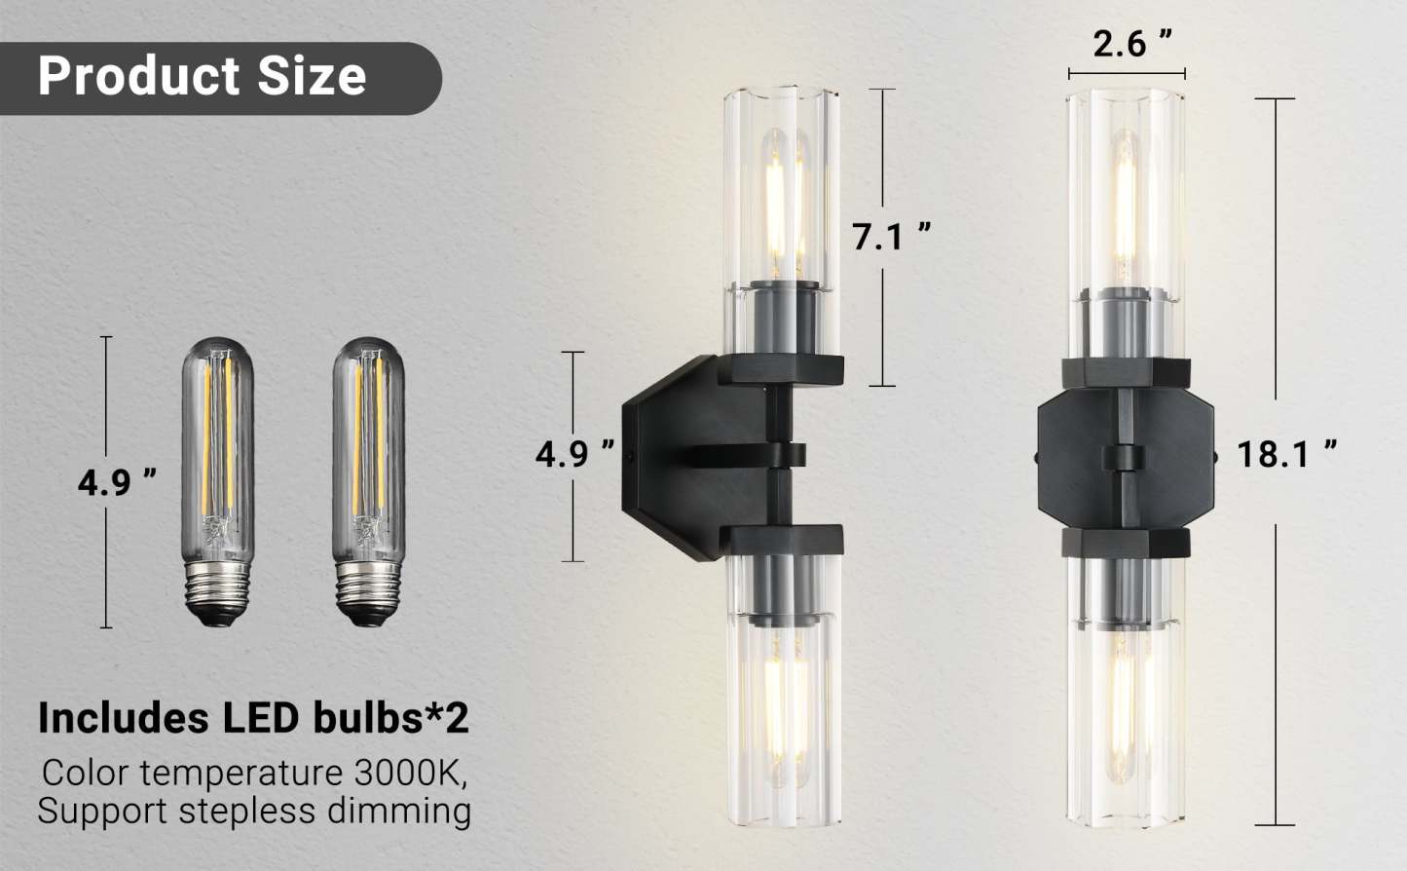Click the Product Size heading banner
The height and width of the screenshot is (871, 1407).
pyautogui.click(x=203, y=77)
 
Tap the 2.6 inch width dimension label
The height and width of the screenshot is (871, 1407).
pyautogui.click(x=1131, y=43)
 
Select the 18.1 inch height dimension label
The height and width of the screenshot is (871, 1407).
pyautogui.click(x=1285, y=454)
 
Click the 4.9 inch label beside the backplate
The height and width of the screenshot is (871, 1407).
pyautogui.click(x=574, y=454)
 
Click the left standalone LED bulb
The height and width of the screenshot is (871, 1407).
pyautogui.click(x=218, y=468)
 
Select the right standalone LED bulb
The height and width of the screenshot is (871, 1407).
pyautogui.click(x=368, y=468)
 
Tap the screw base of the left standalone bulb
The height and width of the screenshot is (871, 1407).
pyautogui.click(x=218, y=589)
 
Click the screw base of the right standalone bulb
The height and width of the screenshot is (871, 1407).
pyautogui.click(x=368, y=590)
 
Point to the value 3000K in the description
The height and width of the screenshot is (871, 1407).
pyautogui.click(x=406, y=773)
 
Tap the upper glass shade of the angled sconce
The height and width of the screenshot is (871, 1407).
pyautogui.click(x=781, y=195)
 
